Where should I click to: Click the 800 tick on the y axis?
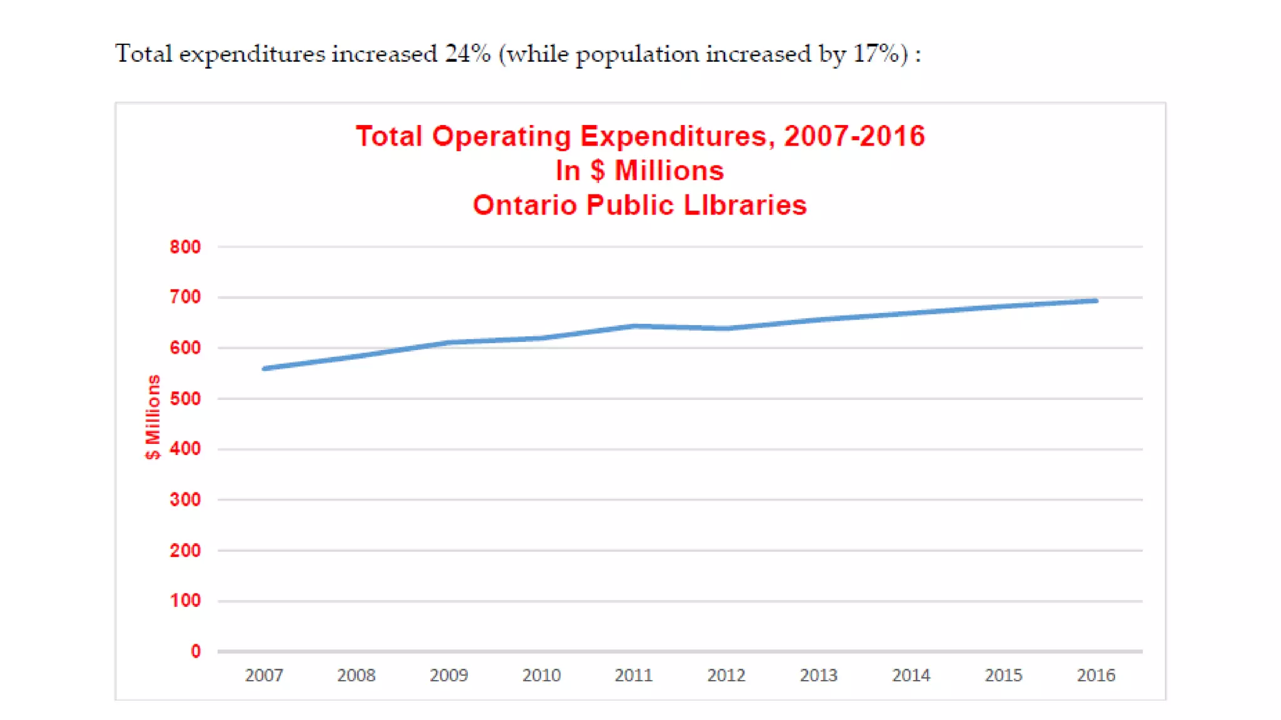click(185, 247)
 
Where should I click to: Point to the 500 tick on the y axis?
click(185, 399)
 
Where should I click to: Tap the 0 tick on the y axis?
click(196, 651)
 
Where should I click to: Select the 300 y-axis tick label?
click(185, 499)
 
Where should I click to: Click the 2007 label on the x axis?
click(264, 675)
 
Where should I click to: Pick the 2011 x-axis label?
click(634, 675)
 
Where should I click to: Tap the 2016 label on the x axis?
click(1096, 675)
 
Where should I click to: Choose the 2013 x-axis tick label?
click(819, 675)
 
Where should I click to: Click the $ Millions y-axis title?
click(153, 417)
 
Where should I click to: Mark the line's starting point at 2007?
click(265, 369)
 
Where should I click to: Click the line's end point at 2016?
click(1096, 301)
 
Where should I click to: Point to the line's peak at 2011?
click(634, 326)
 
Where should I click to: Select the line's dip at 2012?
click(726, 328)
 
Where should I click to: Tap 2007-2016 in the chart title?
click(854, 136)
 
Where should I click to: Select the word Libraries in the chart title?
click(745, 205)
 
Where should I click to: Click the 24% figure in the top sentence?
click(467, 54)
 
